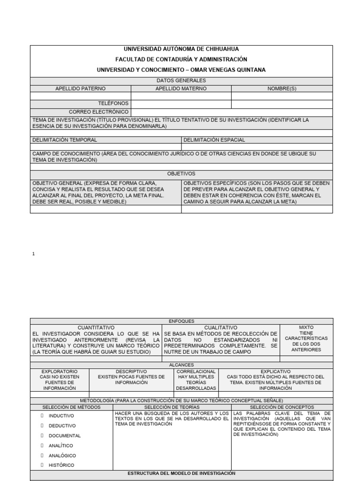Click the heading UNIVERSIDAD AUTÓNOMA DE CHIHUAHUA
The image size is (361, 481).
click(x=181, y=49)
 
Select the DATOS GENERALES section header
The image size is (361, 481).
click(x=181, y=80)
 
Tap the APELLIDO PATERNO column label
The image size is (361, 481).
click(x=80, y=88)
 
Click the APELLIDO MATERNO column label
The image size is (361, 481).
click(x=181, y=88)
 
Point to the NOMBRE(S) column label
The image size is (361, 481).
click(x=282, y=88)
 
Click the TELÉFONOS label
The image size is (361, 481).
click(x=113, y=103)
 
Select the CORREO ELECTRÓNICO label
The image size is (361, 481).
click(x=99, y=112)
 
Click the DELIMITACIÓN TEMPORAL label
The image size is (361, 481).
click(x=65, y=140)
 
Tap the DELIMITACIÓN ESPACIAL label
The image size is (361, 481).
click(x=214, y=140)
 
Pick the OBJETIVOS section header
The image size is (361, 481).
click(x=181, y=174)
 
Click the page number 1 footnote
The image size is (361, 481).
click(x=33, y=254)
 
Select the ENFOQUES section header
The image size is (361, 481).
click(x=181, y=321)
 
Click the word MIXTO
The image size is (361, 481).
click(x=306, y=327)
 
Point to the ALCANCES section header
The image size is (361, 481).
click(x=181, y=365)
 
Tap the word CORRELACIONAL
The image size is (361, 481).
click(x=196, y=371)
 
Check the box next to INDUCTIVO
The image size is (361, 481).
click(x=42, y=416)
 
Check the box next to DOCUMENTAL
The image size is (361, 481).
click(x=42, y=435)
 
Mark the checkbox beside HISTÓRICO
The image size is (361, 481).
click(x=42, y=465)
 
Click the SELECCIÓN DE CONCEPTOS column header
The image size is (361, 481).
click(x=282, y=407)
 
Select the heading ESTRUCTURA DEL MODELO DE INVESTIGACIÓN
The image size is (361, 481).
click(x=181, y=473)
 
